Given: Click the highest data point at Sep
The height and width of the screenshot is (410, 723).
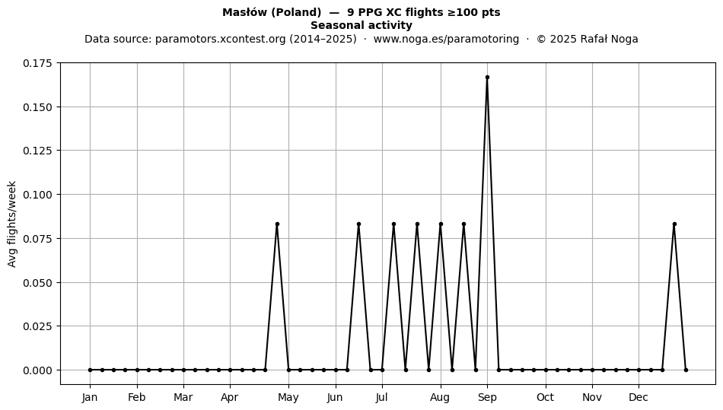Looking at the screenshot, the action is [487, 78].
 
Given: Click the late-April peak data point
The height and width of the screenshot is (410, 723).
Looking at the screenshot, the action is [277, 224].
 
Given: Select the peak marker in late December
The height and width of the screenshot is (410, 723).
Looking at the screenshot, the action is [674, 224].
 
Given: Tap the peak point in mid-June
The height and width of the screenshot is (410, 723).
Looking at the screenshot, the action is [358, 224].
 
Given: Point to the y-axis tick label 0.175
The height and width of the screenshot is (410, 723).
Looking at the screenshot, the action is [38, 63].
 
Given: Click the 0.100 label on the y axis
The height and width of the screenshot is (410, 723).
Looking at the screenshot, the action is [38, 195].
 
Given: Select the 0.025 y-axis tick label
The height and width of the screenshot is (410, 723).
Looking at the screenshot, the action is [38, 326].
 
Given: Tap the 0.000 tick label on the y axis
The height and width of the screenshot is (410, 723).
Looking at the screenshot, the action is [38, 370].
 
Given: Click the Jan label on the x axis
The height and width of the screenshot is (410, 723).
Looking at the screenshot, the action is [90, 397].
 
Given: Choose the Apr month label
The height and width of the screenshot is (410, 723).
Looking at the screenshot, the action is [230, 397].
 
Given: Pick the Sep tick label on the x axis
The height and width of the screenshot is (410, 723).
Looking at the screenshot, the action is [487, 397].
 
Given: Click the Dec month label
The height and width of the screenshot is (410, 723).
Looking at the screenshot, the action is [639, 397].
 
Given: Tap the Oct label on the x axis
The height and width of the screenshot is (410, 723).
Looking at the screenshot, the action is [546, 397].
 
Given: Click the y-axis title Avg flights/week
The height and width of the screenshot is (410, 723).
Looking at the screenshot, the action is [12, 224].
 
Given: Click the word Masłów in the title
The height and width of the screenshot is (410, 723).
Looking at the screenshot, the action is [244, 12].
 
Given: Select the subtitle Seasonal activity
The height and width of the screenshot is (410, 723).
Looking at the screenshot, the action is [361, 25].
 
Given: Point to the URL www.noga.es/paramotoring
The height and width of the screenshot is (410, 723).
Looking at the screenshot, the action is [446, 39].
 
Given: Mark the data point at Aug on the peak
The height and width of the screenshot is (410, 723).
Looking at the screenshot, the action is [441, 224].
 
